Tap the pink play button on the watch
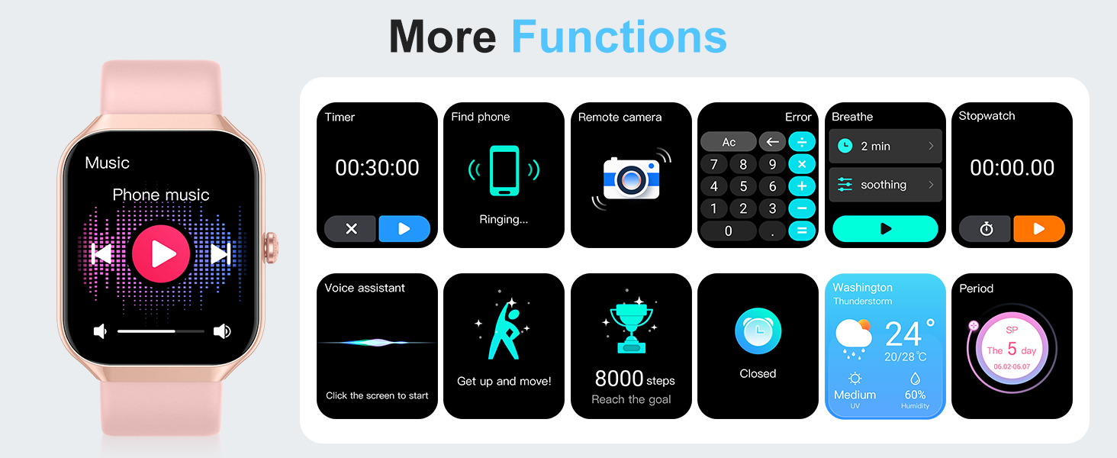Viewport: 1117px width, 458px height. click(160, 253)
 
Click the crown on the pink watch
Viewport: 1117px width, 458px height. click(272, 248)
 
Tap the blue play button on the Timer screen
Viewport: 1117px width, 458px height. click(404, 229)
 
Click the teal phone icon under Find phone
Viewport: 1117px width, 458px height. click(504, 171)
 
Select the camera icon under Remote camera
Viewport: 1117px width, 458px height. click(631, 179)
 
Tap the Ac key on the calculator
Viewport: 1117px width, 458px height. click(729, 142)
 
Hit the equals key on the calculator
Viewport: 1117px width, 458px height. click(802, 231)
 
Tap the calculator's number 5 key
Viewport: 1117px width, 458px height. click(743, 186)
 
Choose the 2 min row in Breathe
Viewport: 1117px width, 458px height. click(885, 147)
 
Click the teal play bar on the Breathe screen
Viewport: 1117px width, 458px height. click(885, 229)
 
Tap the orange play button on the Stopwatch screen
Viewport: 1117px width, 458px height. click(1039, 229)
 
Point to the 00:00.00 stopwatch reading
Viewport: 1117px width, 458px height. click(1012, 168)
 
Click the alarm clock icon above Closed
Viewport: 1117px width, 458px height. click(758, 331)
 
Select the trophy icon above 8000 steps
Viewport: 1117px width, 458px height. click(631, 324)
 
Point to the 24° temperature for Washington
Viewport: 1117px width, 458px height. click(909, 334)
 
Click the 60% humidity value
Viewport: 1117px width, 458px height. click(915, 395)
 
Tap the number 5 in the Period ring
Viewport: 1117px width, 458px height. click(1012, 348)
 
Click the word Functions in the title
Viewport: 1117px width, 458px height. click(619, 37)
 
